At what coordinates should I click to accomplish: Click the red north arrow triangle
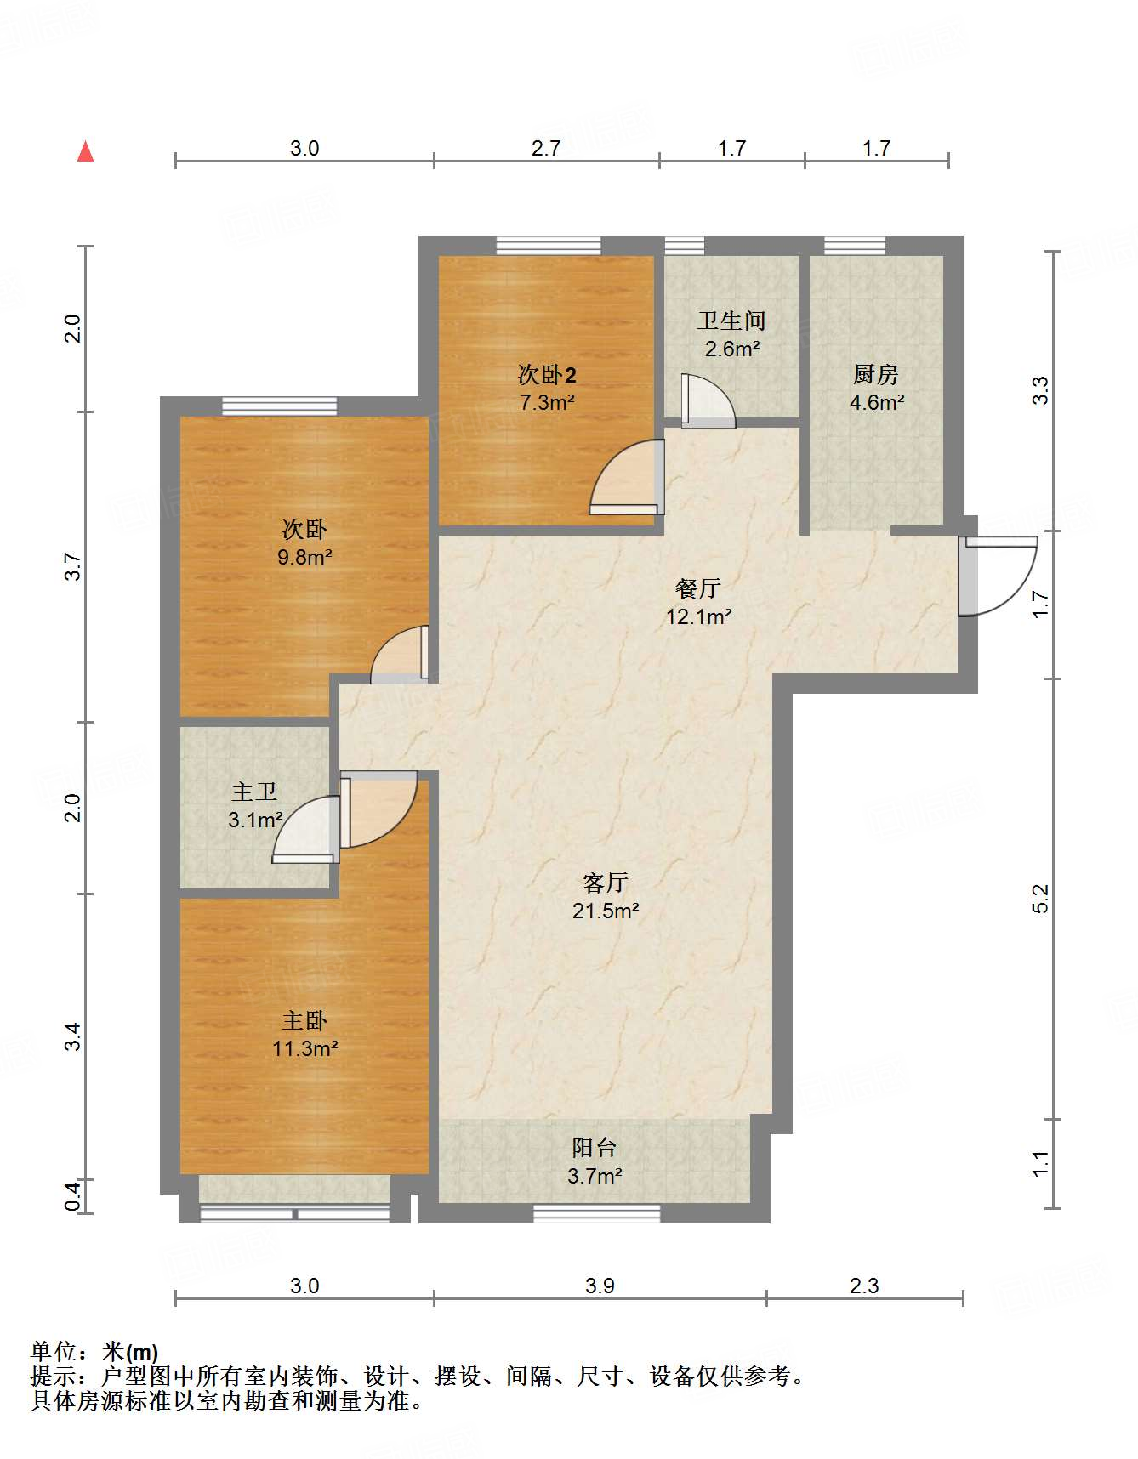[x=85, y=151]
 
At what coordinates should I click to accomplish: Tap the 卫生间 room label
[x=731, y=321]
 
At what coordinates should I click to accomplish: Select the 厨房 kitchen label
[x=876, y=374]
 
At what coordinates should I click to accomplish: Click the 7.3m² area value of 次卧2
[x=547, y=402]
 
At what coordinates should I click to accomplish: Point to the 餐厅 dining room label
[x=698, y=588]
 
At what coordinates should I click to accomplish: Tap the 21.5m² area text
[x=606, y=911]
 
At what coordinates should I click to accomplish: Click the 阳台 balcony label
[x=594, y=1147]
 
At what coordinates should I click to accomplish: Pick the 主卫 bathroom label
[x=254, y=792]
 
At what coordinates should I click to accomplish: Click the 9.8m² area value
[x=304, y=557]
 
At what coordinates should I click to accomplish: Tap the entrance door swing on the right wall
[x=997, y=576]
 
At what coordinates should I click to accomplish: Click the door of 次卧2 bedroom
[x=627, y=477]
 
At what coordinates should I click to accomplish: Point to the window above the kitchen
[x=855, y=246]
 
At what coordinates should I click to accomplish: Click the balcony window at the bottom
[x=597, y=1213]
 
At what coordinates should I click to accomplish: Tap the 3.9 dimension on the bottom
[x=600, y=1285]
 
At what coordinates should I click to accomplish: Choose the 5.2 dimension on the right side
[x=1040, y=899]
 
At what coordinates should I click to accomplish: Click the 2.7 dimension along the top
[x=546, y=148]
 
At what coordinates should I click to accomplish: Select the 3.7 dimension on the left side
[x=73, y=567]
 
